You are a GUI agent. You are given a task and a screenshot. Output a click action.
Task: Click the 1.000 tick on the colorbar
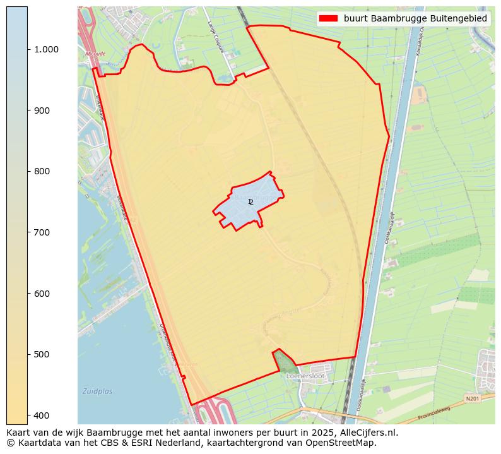coord(47,49)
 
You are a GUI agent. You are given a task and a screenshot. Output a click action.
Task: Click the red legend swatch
coord(329,18)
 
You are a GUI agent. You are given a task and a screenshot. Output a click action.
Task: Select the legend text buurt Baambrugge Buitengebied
coord(415,18)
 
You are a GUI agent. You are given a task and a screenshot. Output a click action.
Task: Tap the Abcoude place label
coord(95,54)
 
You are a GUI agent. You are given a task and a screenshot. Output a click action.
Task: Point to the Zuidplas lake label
coord(97,391)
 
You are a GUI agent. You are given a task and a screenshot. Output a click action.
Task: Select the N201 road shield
coord(472,399)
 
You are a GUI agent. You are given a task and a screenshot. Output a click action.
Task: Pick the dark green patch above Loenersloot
coord(285,361)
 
